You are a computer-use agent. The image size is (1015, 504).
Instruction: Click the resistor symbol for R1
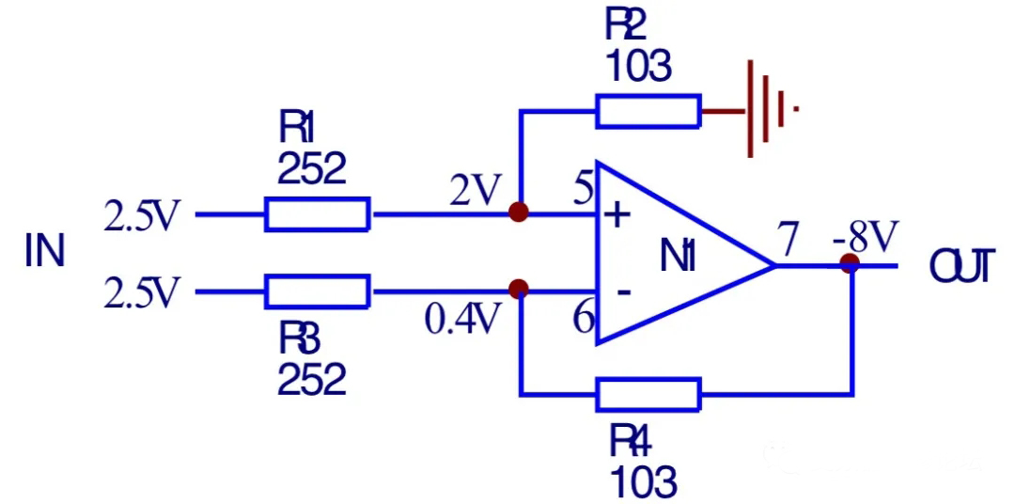click(x=318, y=214)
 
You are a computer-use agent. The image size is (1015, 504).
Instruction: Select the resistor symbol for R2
click(x=648, y=111)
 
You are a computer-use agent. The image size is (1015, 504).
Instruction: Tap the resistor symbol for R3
click(x=318, y=291)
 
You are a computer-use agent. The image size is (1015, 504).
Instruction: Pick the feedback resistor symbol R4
click(x=648, y=395)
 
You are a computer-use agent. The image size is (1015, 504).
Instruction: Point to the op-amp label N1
click(x=678, y=256)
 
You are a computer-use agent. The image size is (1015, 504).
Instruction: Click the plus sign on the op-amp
click(x=617, y=217)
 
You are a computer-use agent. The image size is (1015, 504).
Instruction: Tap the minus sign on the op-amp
click(x=622, y=292)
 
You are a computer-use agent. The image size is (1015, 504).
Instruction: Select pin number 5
click(x=583, y=192)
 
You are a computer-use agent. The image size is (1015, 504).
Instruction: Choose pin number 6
click(x=584, y=321)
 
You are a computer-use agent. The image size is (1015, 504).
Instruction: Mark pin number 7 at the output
click(x=789, y=239)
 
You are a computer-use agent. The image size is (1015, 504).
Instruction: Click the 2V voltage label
click(x=476, y=193)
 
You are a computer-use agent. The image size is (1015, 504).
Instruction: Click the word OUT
click(x=960, y=268)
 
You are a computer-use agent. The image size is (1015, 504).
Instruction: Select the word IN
click(x=44, y=253)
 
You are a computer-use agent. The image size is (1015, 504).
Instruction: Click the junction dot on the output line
click(x=851, y=264)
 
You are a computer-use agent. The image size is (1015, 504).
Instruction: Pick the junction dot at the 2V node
click(x=518, y=213)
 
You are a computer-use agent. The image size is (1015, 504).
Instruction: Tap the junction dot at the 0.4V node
click(x=518, y=289)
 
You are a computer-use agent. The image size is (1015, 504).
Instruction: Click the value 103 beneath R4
click(x=643, y=482)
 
